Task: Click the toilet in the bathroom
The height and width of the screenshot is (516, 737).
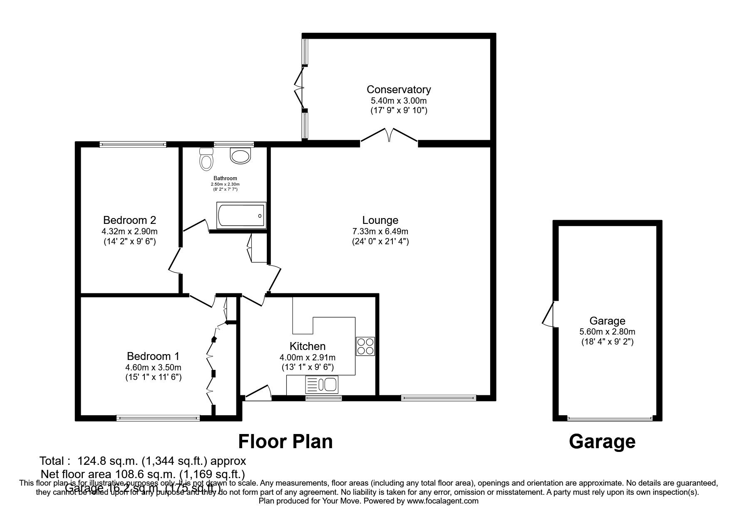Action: coord(206,159)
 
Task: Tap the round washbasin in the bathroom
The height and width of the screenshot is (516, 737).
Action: coord(241,156)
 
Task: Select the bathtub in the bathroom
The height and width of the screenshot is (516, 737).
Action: coord(241,215)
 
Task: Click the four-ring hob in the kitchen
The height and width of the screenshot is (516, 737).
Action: coord(365,346)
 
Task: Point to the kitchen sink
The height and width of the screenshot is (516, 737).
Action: coord(322,385)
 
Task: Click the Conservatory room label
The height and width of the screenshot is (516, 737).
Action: coord(398,89)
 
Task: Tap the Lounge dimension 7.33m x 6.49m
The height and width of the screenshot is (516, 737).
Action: coord(380,231)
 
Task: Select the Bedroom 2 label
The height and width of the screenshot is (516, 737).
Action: coord(129,220)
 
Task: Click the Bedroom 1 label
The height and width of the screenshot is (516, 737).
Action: coord(153,356)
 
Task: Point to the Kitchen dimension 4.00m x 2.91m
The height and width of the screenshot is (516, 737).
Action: coord(307,357)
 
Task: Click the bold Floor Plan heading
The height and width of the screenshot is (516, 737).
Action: coord(285,442)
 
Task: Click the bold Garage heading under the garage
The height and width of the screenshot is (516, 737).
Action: coord(602,442)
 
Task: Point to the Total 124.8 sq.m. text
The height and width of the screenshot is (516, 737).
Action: coord(142,461)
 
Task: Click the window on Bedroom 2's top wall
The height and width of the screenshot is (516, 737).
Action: coord(133,144)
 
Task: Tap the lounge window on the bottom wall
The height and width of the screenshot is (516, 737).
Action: coord(438,398)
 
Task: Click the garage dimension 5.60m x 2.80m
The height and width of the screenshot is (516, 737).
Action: coord(607,332)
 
